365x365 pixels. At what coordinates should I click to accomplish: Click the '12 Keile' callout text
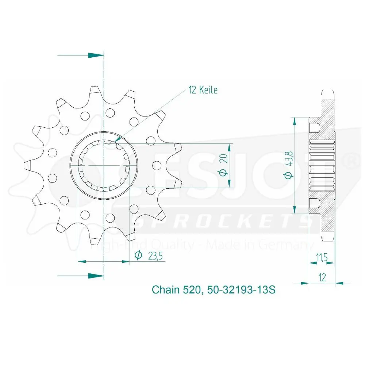tap(203, 90)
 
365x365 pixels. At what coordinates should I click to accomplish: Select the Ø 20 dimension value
tap(223, 165)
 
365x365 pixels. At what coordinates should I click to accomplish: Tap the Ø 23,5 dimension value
tap(149, 256)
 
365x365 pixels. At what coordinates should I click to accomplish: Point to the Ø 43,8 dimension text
tap(288, 165)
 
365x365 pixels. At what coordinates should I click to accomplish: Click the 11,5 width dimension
tap(322, 257)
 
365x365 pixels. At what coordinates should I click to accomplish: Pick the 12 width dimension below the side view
tap(322, 277)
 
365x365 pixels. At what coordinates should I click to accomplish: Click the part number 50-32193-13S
tap(241, 290)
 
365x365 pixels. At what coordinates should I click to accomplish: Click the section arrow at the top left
tap(81, 55)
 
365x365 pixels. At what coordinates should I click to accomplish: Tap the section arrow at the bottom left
tap(81, 276)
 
